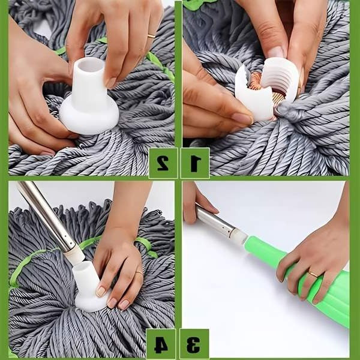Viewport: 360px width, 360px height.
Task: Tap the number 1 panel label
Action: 195,163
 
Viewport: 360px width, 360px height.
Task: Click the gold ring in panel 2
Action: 151,36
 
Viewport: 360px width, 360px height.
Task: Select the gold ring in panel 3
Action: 313,274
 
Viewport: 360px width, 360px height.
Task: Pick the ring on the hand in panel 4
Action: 139,273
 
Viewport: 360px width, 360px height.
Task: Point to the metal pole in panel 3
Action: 213,220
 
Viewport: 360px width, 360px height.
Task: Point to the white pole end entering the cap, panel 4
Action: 74,255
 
